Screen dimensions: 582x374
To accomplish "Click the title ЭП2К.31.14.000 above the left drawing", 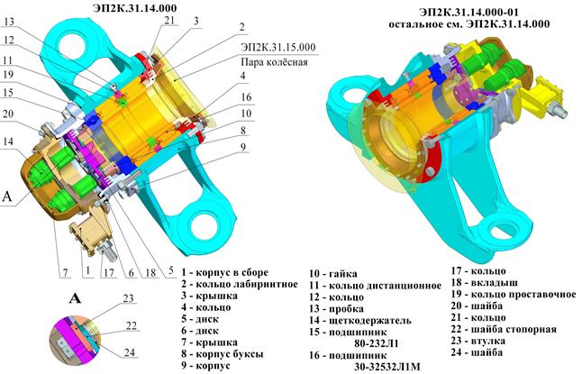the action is (135, 8).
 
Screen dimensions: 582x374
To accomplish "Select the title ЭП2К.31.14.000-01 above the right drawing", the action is (468, 12).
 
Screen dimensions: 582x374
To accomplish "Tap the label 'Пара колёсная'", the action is (274, 61).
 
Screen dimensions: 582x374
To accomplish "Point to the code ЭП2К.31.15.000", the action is (278, 47).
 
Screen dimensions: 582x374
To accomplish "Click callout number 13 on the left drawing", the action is (8, 22).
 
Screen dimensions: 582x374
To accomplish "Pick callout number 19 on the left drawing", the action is (7, 74).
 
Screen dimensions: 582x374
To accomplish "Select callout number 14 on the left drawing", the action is (7, 141).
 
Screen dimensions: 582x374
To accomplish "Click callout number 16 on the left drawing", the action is (246, 97).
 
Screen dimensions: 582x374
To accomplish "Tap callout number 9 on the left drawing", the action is (243, 147).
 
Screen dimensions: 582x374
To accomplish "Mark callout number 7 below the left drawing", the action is (66, 273).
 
